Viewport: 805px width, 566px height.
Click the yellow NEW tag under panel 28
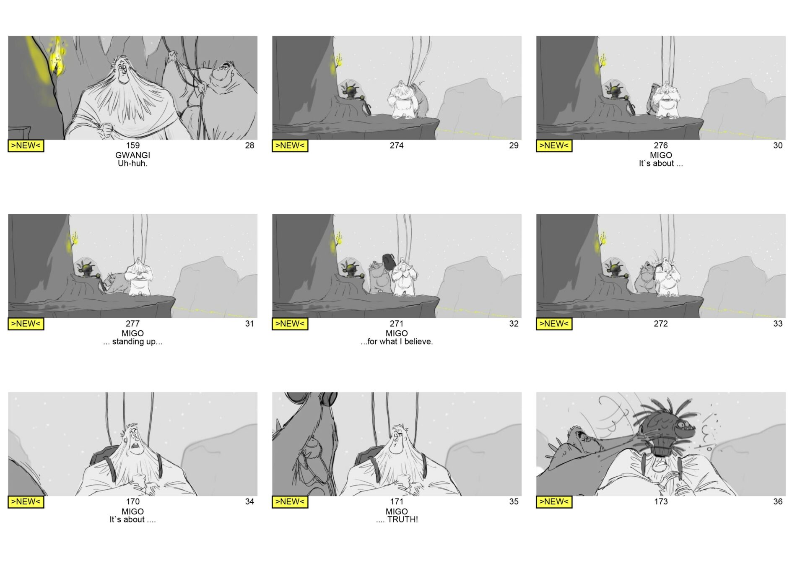26,145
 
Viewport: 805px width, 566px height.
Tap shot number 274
397,145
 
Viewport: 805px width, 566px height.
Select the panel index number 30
778,145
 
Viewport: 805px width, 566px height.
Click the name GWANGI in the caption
132,155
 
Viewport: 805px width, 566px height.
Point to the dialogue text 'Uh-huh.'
132,164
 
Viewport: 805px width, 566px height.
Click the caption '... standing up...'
132,342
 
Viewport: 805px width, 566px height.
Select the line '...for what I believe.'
397,342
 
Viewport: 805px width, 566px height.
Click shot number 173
661,501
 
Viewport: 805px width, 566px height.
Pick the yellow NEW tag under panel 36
554,502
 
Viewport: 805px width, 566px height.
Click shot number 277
132,324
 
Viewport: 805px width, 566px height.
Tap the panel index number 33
778,324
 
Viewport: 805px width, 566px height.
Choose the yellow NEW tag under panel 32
290,324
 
